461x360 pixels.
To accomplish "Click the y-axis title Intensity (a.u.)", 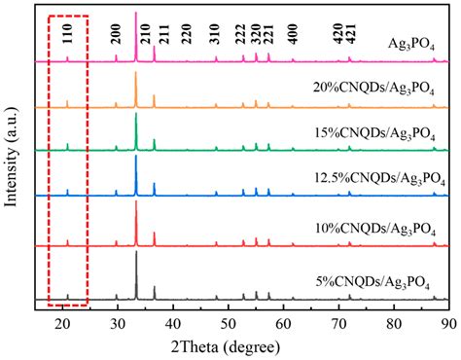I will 12,160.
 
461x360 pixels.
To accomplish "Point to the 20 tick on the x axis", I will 62,310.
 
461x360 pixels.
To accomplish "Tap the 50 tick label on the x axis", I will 228,322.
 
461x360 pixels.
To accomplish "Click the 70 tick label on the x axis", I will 338,322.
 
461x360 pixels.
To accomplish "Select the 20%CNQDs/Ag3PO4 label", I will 380,89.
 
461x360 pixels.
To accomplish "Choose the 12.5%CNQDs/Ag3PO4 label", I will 375,178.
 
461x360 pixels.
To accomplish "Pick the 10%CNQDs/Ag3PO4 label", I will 380,231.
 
